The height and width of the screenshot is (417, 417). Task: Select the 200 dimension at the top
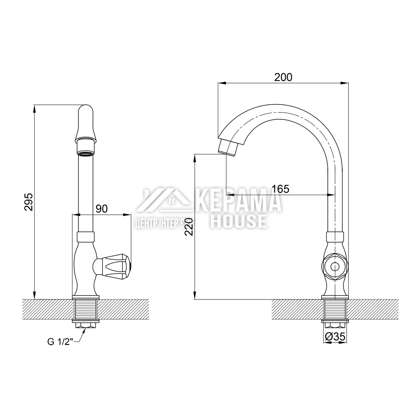(283, 77)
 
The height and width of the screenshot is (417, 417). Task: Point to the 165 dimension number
(280, 188)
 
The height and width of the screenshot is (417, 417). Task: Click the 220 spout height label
(189, 226)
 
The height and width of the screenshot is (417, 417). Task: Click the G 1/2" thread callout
(60, 342)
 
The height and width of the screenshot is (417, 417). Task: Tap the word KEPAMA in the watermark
(238, 202)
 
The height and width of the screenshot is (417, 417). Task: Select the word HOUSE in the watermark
(238, 221)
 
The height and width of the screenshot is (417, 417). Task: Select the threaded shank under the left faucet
(86, 310)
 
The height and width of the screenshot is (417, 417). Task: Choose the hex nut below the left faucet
(86, 324)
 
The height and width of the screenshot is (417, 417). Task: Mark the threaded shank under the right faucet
(334, 310)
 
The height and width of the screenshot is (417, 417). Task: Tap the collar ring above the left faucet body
(86, 236)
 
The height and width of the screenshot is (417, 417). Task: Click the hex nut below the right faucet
(334, 324)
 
